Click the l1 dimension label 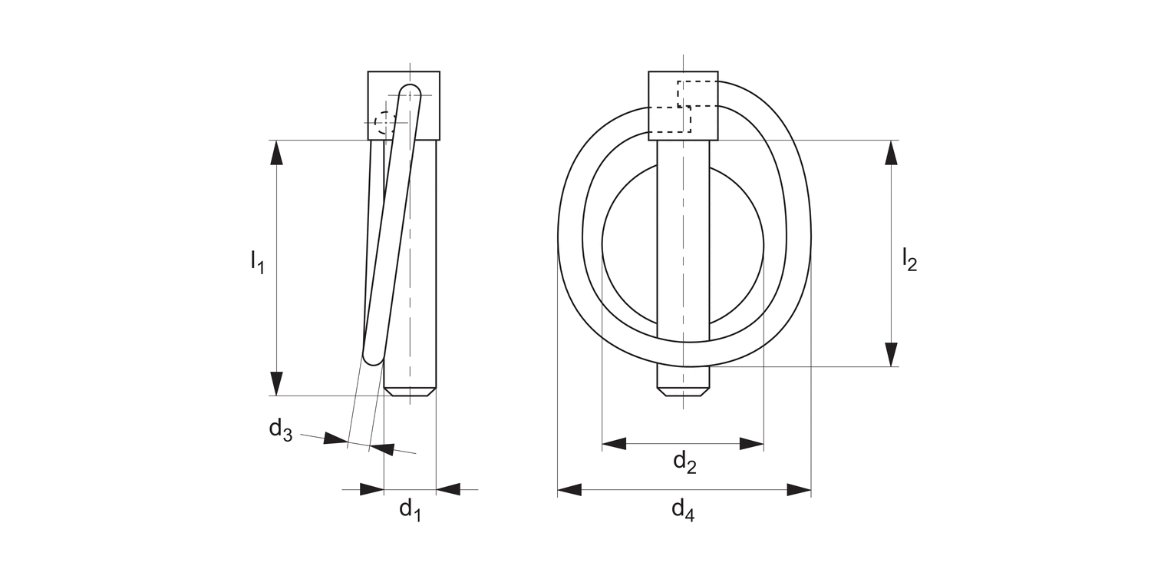tap(257, 263)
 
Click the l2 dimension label tap(909, 260)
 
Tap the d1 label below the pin tap(410, 509)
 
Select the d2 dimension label tap(684, 462)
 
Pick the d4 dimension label tap(683, 510)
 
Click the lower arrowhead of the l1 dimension tap(277, 383)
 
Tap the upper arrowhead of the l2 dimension tap(891, 152)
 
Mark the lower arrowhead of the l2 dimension tap(891, 354)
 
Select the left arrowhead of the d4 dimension tap(569, 490)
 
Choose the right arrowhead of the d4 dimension tap(799, 490)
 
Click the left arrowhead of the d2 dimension tap(614, 443)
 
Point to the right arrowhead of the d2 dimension tap(752, 443)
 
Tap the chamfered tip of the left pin tap(410, 391)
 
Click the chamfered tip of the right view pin tap(683, 392)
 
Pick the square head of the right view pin tap(683, 105)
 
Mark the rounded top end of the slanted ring tap(411, 92)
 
